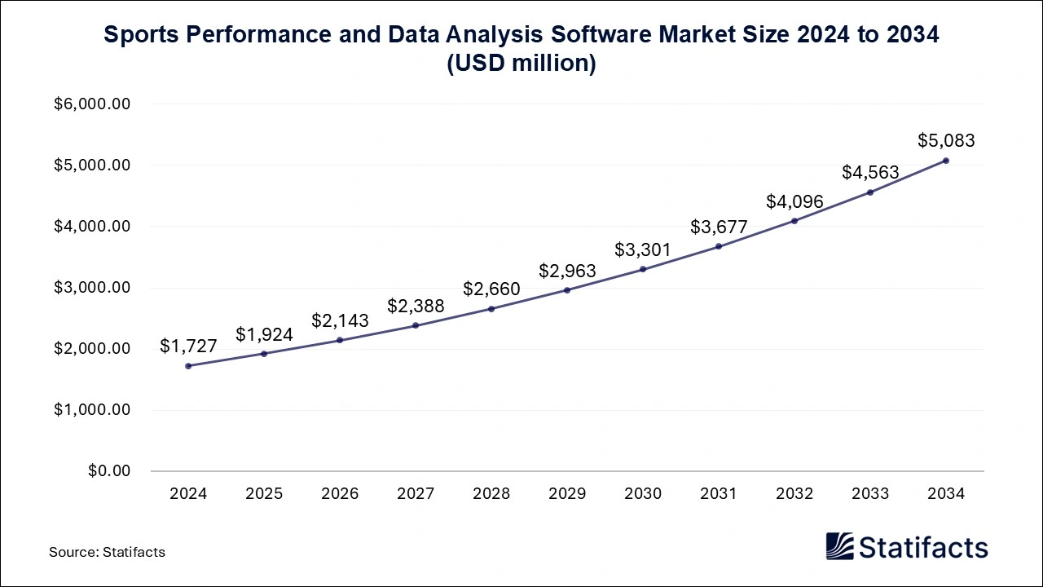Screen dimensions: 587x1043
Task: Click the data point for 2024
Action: pyautogui.click(x=188, y=366)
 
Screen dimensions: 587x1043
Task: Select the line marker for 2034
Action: pyautogui.click(x=946, y=161)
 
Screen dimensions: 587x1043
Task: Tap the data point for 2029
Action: pyautogui.click(x=567, y=290)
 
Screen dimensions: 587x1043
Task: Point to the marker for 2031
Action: pyautogui.click(x=719, y=246)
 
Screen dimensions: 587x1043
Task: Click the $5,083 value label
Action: pyautogui.click(x=946, y=140)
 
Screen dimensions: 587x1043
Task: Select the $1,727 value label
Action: pyautogui.click(x=188, y=346)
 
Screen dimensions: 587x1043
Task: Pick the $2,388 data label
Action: pyautogui.click(x=416, y=306)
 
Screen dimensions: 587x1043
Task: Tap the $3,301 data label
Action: pyautogui.click(x=643, y=249)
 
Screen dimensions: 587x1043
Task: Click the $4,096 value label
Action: pyautogui.click(x=794, y=201)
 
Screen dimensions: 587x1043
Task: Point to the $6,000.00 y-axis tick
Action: pyautogui.click(x=92, y=104)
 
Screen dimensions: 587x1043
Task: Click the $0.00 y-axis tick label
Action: pyautogui.click(x=108, y=471)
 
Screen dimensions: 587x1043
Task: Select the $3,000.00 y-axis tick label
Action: pyautogui.click(x=92, y=288)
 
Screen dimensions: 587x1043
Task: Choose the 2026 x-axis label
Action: pyautogui.click(x=340, y=494)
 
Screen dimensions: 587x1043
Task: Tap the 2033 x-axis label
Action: pyautogui.click(x=870, y=494)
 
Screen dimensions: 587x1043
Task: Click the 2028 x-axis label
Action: pyautogui.click(x=491, y=494)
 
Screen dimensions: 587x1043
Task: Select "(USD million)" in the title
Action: pyautogui.click(x=521, y=64)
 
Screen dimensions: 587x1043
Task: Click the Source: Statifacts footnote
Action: pyautogui.click(x=107, y=552)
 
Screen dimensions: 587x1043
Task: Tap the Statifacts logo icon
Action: pyautogui.click(x=839, y=546)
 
